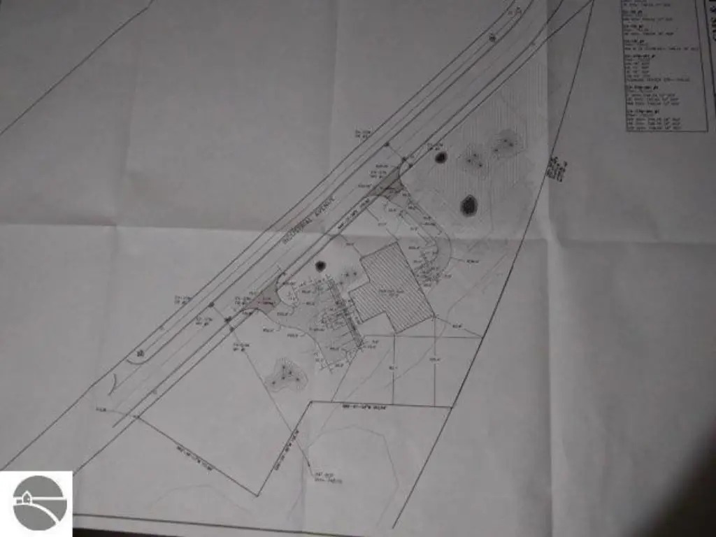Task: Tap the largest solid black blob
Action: pyautogui.click(x=468, y=205)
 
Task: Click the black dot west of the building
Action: pyautogui.click(x=320, y=266)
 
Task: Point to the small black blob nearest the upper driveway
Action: pyautogui.click(x=441, y=157)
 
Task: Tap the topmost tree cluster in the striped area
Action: pyautogui.click(x=505, y=143)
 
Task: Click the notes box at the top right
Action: pyautogui.click(x=664, y=66)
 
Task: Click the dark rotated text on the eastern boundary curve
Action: pyautogui.click(x=557, y=169)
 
